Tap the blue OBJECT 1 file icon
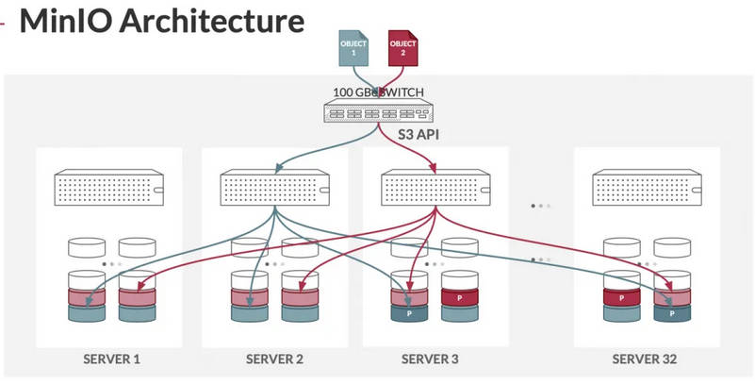tap(351, 47)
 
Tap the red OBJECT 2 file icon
tap(402, 47)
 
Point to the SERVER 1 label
tap(110, 359)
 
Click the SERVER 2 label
tap(275, 359)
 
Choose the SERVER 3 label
tap(431, 359)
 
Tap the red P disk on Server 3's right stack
tap(458, 299)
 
